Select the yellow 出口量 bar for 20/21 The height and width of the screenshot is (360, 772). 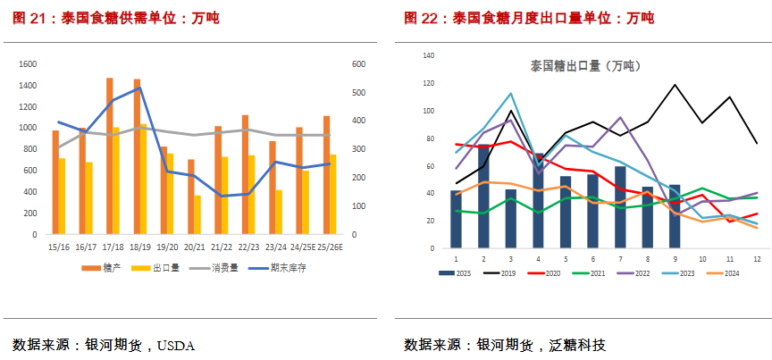[x=197, y=215]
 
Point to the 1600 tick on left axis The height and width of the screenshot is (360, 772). [x=28, y=64]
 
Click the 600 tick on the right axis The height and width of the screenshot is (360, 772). [x=357, y=64]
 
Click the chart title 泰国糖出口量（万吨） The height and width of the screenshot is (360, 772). [x=585, y=66]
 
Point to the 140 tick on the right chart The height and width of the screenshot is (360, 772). [x=427, y=55]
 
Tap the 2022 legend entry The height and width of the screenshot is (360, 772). [x=640, y=273]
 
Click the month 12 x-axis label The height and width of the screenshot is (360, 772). [x=757, y=258]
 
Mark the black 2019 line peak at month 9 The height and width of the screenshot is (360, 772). [x=675, y=85]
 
